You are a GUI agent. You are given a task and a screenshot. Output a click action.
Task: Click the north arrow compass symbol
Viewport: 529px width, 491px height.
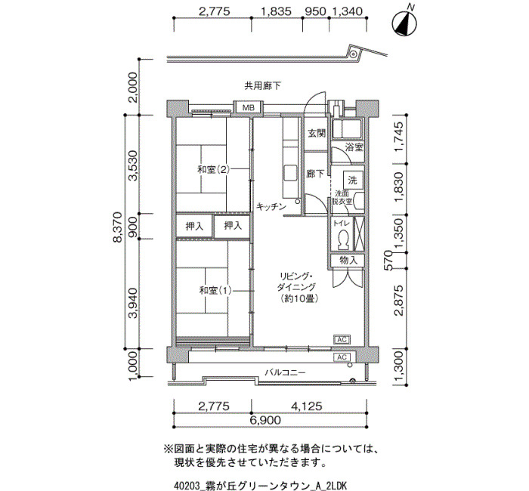404,23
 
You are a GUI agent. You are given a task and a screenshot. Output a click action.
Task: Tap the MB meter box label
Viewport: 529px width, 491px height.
249,108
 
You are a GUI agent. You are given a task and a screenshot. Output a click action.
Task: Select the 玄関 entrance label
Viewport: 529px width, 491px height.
317,133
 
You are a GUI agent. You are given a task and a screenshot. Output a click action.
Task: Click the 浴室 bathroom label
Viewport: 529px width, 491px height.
354,147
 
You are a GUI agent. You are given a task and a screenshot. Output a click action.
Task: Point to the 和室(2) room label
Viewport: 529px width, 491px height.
213,169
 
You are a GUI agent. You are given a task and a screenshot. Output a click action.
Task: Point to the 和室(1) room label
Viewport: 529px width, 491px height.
215,290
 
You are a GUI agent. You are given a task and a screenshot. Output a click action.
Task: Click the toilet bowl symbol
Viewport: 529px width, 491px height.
343,239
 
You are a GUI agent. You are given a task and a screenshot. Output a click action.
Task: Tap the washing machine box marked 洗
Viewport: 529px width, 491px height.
353,180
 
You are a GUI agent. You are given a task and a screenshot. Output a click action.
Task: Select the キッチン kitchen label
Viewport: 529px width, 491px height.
271,206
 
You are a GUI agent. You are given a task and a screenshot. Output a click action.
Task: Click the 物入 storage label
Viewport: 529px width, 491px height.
348,261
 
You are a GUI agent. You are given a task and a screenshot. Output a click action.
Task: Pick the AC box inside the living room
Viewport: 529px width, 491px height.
342,340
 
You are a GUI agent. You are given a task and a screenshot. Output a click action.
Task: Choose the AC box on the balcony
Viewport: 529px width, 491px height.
342,357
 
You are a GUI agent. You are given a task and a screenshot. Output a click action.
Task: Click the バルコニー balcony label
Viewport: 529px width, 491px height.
285,372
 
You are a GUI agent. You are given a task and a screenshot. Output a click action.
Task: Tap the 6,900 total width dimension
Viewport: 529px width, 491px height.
265,420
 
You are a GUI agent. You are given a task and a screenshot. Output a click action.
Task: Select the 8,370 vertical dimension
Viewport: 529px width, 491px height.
117,227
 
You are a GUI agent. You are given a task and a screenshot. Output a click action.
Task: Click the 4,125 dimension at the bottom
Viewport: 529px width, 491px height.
307,406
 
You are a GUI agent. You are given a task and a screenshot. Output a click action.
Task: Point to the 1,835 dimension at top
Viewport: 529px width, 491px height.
277,11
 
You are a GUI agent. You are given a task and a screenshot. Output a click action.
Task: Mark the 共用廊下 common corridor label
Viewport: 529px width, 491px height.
262,86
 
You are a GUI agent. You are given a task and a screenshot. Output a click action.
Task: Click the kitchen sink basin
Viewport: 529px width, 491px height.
290,173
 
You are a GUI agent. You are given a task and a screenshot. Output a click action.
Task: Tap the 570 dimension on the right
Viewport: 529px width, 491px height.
388,260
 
